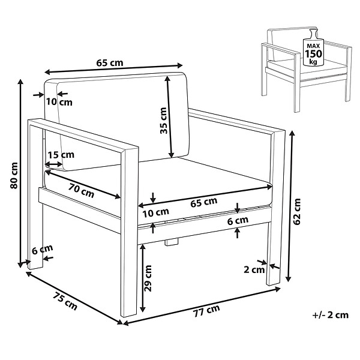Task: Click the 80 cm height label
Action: click(14, 175)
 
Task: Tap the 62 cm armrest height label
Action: click(297, 212)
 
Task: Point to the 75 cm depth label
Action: click(65, 301)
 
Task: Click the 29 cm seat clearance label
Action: click(148, 278)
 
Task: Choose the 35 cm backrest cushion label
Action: click(164, 121)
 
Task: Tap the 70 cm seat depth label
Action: click(81, 191)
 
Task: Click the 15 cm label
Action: click(61, 155)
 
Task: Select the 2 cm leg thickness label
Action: click(254, 269)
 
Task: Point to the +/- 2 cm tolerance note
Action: click(331, 315)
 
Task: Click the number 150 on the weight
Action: click(313, 54)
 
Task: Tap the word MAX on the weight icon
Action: click(313, 46)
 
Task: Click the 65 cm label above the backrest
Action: click(110, 62)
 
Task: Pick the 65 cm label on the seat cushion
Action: click(204, 202)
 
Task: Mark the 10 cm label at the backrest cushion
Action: click(59, 102)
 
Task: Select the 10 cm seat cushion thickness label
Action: click(155, 212)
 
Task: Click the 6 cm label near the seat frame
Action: click(238, 221)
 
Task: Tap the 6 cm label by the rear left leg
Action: click(42, 249)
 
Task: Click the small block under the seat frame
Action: click(172, 242)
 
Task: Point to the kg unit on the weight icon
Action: click(313, 62)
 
